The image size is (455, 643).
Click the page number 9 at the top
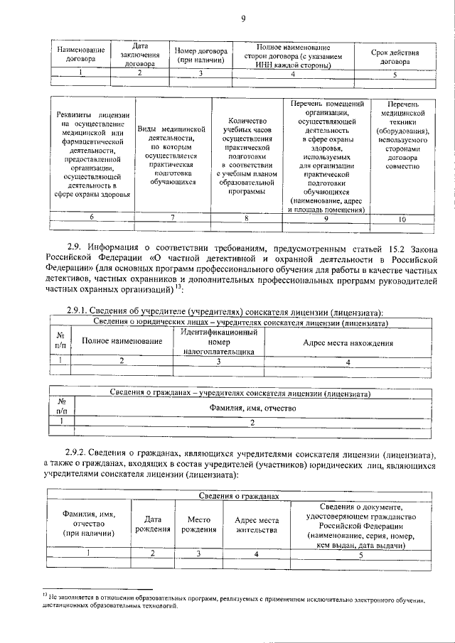coord(243,19)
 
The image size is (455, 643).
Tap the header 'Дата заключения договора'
coord(140,55)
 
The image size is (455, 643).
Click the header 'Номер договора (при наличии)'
coord(201,56)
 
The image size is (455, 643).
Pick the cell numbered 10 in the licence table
coord(402,220)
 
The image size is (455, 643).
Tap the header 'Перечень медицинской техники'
coord(402,134)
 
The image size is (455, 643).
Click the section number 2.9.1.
coord(78,311)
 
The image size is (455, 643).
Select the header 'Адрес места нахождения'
coord(348,342)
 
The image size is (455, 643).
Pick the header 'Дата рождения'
coord(153,524)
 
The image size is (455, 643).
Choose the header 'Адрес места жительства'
coord(257,524)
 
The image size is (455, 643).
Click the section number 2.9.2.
coord(78,453)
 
